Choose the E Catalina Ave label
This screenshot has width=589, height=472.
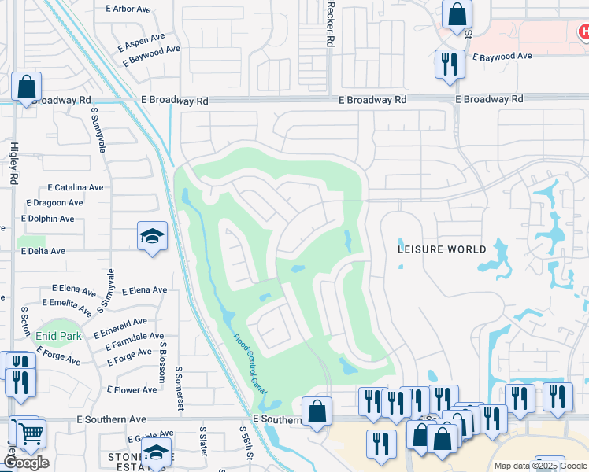point(76,188)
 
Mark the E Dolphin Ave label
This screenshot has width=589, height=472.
point(48,219)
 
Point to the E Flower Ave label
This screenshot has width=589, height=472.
point(135,390)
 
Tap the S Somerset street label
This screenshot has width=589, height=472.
point(179,388)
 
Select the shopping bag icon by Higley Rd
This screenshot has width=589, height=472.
point(26,87)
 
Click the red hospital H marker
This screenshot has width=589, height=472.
point(583,32)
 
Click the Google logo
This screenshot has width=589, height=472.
point(27,463)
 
